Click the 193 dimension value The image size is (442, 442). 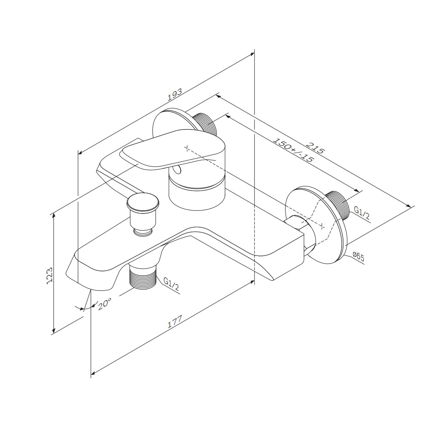(x=175, y=95)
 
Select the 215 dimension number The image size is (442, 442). (x=316, y=147)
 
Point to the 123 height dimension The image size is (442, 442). (x=50, y=275)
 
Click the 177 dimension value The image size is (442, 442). (x=175, y=322)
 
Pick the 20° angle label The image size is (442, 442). (x=105, y=304)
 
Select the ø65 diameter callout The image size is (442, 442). (x=358, y=257)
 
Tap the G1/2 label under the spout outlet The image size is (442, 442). (x=171, y=284)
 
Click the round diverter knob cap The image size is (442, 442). (x=143, y=202)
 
